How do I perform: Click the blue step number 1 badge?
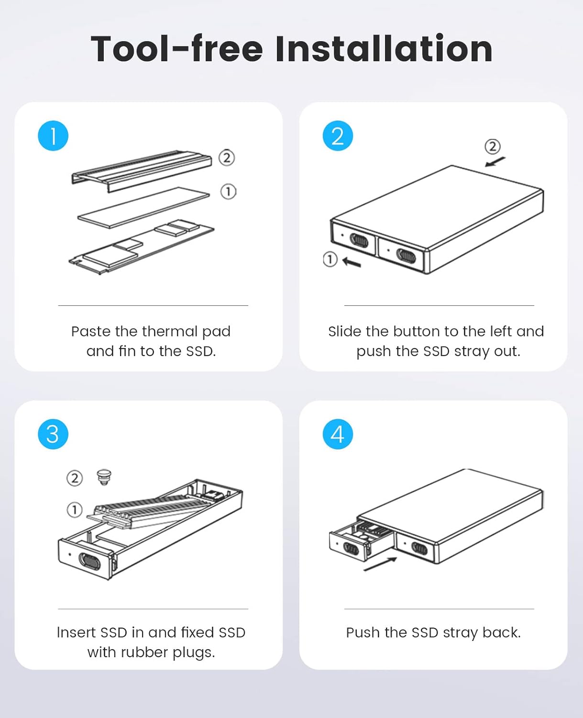[x=53, y=135]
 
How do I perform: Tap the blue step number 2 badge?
[x=338, y=135]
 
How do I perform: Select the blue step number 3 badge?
[x=53, y=434]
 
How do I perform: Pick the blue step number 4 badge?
[x=338, y=434]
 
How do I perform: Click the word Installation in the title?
[x=384, y=49]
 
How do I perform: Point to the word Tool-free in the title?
[x=177, y=49]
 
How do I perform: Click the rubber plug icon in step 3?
[x=104, y=477]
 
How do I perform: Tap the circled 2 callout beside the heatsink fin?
[x=227, y=157]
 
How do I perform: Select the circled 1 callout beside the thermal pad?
[x=228, y=191]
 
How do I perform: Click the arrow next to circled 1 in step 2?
[x=352, y=262]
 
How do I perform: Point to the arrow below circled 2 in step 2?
[x=495, y=162]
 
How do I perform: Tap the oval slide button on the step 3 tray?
[x=89, y=561]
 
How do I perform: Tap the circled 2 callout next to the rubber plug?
[x=75, y=478]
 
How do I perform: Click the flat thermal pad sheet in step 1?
[x=143, y=207]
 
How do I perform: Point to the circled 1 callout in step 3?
[x=75, y=510]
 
